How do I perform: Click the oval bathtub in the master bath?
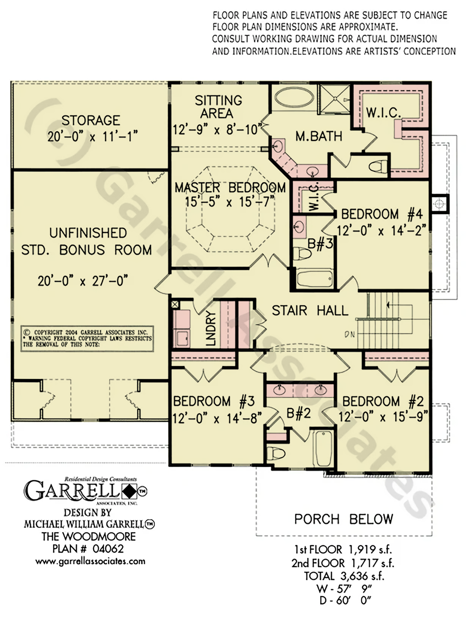[x=294, y=99]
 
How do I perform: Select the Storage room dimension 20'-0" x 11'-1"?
[x=93, y=137]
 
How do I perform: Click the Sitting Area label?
[x=218, y=107]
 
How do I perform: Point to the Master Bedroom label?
[x=230, y=187]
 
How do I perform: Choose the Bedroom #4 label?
[x=382, y=214]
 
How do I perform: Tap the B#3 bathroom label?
[x=320, y=244]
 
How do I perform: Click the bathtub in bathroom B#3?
[x=315, y=279]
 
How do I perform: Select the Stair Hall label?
[x=310, y=310]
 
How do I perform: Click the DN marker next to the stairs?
[x=350, y=335]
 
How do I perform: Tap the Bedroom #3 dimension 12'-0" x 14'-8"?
[x=217, y=419]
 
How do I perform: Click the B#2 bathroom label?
[x=299, y=413]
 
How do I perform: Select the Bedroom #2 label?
[x=383, y=401]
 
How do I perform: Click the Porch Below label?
[x=344, y=519]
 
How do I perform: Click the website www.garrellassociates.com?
[x=90, y=561]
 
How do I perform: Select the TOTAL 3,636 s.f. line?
[x=344, y=576]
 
